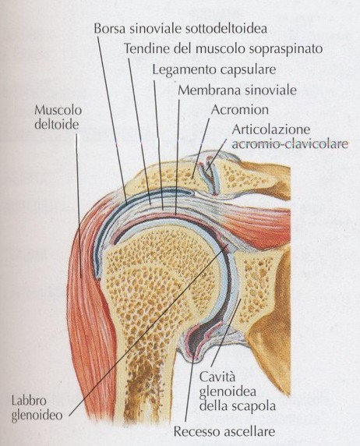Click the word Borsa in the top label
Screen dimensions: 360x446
point(109,28)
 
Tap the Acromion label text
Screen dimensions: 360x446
point(240,110)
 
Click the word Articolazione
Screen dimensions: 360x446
point(270,129)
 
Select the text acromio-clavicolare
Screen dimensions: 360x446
point(290,143)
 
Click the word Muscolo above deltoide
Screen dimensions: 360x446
point(58,110)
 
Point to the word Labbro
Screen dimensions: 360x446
point(29,401)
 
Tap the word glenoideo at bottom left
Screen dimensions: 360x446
point(37,416)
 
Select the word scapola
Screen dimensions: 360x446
point(258,406)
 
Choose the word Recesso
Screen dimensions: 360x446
point(196,431)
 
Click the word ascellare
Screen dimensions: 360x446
point(249,431)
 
